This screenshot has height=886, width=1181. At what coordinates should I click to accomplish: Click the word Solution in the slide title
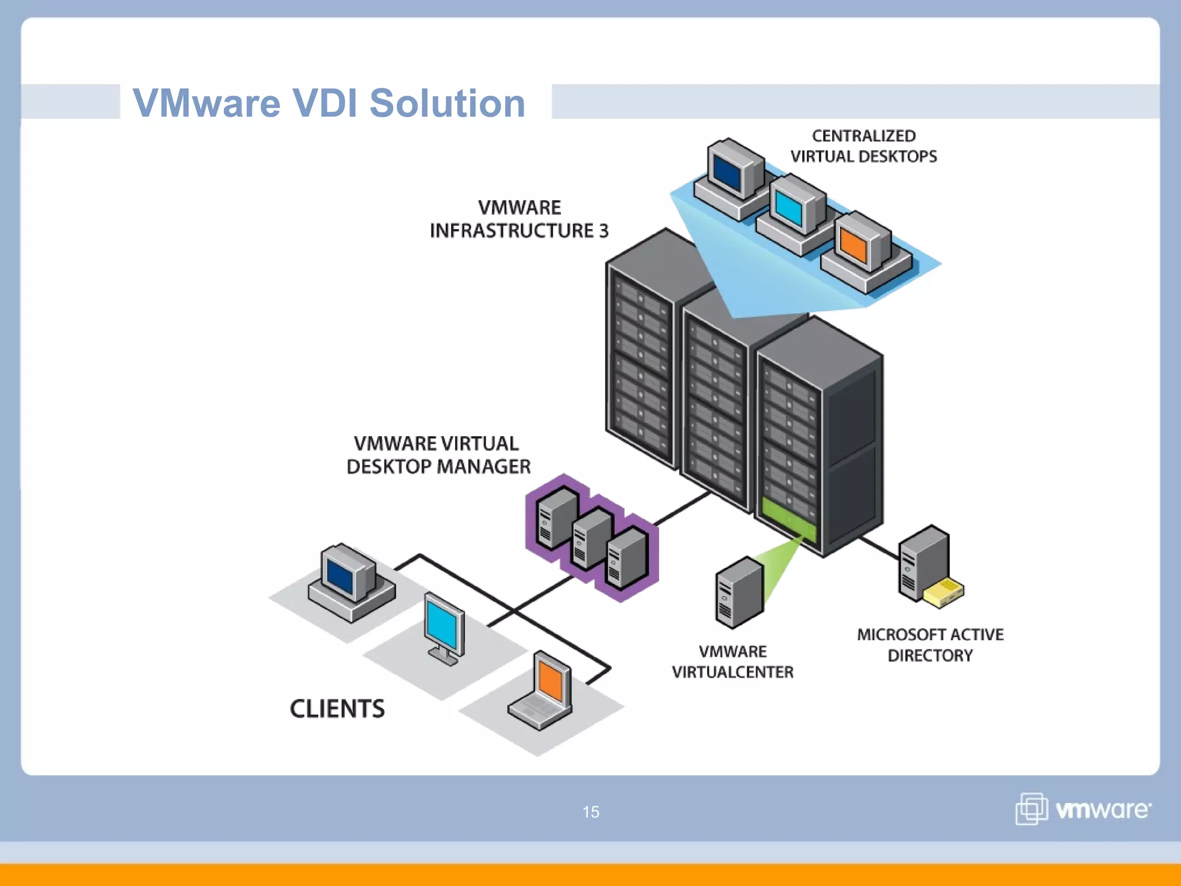point(447,103)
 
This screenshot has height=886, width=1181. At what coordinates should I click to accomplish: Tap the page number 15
point(590,812)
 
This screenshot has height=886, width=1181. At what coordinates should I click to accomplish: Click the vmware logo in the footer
point(1083,809)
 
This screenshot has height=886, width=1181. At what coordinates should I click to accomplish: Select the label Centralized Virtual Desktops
point(863,146)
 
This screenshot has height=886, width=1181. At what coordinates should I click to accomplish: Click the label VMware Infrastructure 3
point(519,219)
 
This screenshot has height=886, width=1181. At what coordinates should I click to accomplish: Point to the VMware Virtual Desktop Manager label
point(438,455)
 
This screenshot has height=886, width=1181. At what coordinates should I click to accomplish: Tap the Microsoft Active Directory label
point(930,645)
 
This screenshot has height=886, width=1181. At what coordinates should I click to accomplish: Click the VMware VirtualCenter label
point(732,662)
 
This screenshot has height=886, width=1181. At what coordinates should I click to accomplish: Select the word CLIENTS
point(337,709)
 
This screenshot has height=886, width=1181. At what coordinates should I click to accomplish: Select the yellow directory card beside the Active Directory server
point(943,593)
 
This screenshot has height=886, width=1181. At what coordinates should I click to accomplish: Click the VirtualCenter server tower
point(739,592)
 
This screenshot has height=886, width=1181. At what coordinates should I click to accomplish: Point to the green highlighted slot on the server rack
point(788,519)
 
